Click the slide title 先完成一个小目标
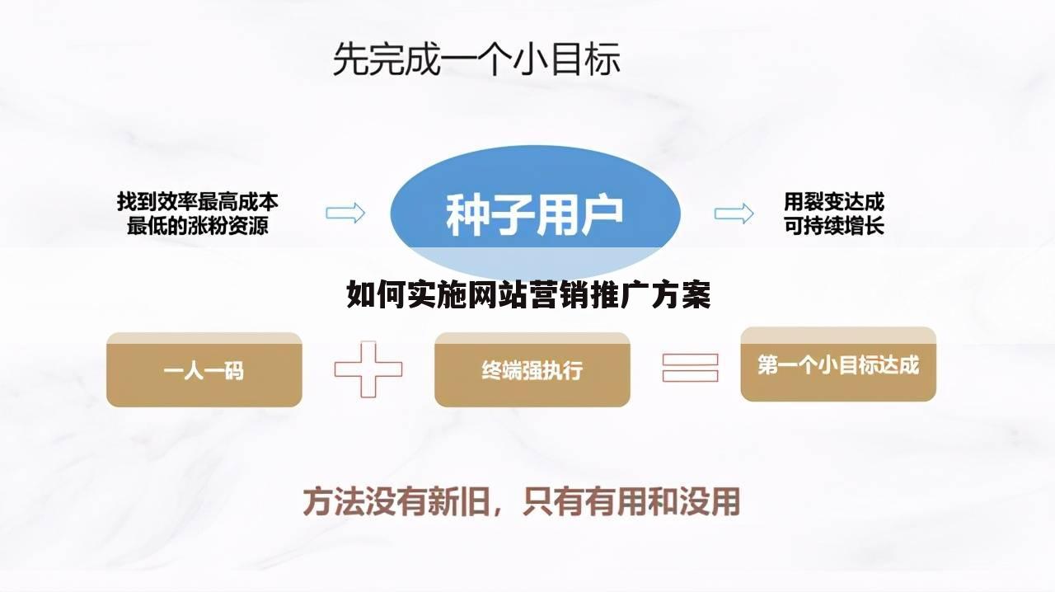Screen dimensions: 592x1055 point(476,60)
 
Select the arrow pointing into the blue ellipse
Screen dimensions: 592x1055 point(345,213)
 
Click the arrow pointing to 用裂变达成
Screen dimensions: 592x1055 point(734,214)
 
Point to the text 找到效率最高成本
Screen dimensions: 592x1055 point(197,200)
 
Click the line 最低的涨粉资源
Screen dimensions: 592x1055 point(197,225)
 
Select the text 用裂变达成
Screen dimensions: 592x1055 point(833,200)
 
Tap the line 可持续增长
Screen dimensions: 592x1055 point(833,225)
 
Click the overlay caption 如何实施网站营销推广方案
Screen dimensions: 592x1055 point(528,294)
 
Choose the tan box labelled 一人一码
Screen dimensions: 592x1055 point(204,370)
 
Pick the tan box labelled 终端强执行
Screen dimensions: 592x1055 point(532,370)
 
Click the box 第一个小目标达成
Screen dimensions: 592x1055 point(837,364)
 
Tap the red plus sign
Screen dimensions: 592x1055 point(368,369)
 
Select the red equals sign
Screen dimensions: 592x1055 point(690,368)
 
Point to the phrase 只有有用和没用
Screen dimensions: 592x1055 point(631,501)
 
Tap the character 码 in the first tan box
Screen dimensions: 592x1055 point(234,371)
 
